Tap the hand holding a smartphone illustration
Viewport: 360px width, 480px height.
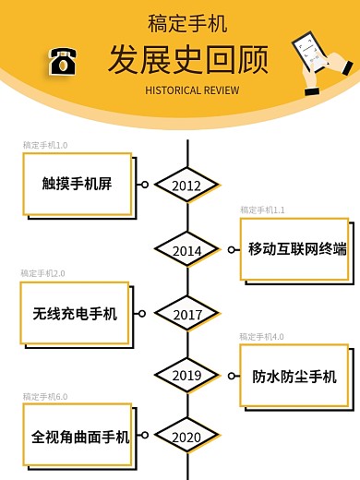coord(320,63)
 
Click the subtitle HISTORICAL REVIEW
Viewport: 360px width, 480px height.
coord(192,90)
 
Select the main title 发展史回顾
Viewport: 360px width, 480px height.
coord(188,59)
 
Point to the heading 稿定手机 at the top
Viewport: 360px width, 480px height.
coord(187,23)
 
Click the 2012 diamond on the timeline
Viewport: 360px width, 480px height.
coord(186,186)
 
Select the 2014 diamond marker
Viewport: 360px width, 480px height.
coord(186,250)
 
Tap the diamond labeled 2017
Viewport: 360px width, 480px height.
coord(186,315)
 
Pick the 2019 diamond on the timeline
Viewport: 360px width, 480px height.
coord(186,376)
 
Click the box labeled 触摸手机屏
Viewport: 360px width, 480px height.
coord(78,182)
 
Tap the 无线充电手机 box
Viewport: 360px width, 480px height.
coord(76,313)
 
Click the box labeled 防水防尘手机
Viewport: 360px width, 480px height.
coord(294,376)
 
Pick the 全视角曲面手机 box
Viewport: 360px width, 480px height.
coord(79,436)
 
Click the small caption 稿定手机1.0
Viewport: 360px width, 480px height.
coord(45,146)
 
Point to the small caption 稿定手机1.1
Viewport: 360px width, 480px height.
coord(263,210)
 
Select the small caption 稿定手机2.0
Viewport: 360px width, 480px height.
coord(43,274)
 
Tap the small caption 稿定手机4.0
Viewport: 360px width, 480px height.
coord(262,337)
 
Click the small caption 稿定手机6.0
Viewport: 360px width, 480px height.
coord(45,397)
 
